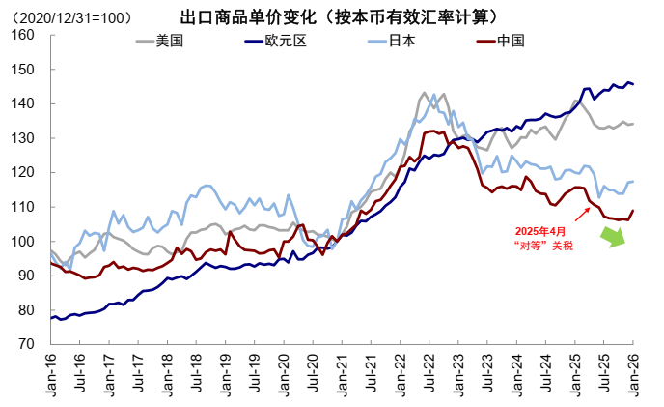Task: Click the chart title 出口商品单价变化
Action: coord(244,16)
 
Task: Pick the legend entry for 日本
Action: coord(402,41)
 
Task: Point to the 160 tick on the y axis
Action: coord(22,36)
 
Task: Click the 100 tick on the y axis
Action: coord(22,241)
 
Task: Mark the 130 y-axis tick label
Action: coord(22,138)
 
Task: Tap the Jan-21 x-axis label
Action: coord(341,373)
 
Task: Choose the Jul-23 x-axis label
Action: coord(487,373)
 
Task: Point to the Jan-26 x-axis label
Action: coord(633,373)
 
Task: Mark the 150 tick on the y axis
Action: coord(22,70)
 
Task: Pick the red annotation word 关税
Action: coord(562,246)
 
